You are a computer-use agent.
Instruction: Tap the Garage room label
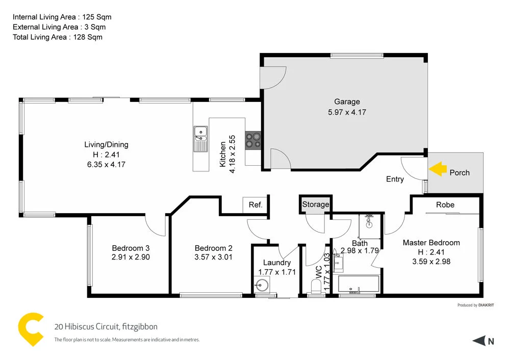[347, 101]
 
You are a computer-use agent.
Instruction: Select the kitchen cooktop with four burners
[252, 140]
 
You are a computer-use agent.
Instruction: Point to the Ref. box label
[256, 205]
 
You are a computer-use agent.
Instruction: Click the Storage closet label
[316, 204]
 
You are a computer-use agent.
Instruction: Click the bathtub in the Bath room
[355, 285]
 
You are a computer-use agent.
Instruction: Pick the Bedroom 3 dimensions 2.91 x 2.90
[131, 257]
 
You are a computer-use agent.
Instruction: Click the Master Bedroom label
[431, 243]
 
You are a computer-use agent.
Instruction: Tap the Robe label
[445, 204]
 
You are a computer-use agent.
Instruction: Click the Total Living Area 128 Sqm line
[58, 37]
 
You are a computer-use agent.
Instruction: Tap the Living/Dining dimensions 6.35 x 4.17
[106, 164]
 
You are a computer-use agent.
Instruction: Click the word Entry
[395, 179]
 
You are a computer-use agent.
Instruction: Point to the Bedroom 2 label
[213, 248]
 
